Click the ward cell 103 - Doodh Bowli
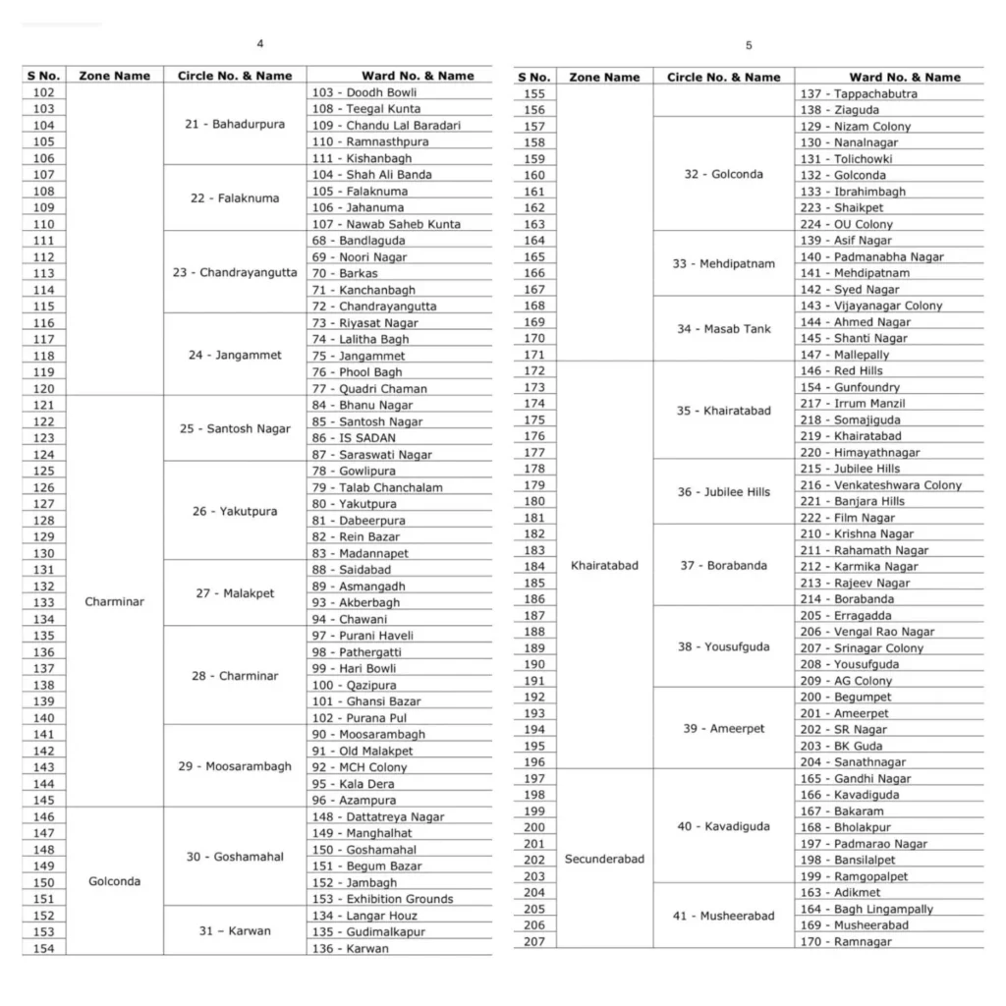363,92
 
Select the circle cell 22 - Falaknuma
235,198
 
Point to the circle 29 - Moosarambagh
235,766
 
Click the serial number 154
43,948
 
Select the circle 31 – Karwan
235,931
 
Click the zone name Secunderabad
604,859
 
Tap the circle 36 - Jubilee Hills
723,492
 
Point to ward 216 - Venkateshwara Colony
880,485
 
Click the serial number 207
534,941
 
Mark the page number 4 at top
259,44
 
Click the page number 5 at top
749,45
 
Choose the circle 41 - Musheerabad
723,917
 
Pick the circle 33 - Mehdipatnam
723,264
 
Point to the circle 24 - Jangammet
235,355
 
